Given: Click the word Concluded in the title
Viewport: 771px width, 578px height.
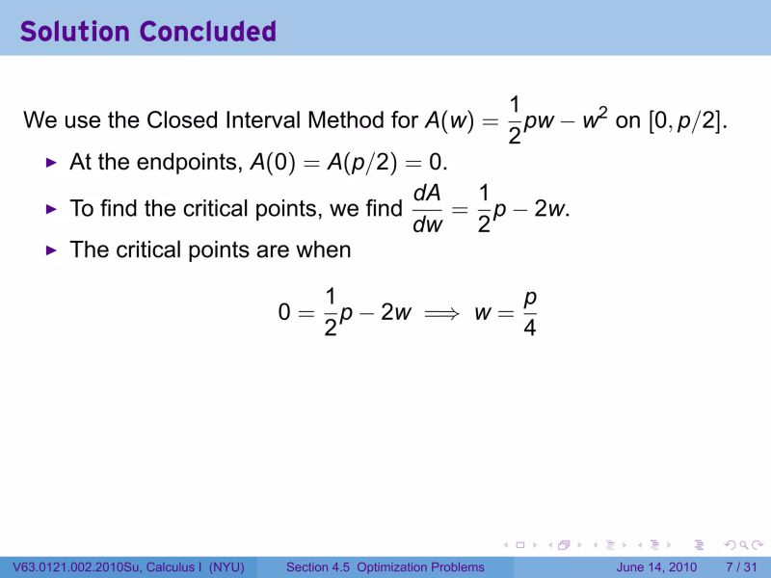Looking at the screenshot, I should pos(207,31).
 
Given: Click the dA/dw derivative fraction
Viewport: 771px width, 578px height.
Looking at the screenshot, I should pos(427,209).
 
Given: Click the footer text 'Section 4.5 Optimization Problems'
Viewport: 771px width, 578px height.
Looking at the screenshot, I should pos(385,567).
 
